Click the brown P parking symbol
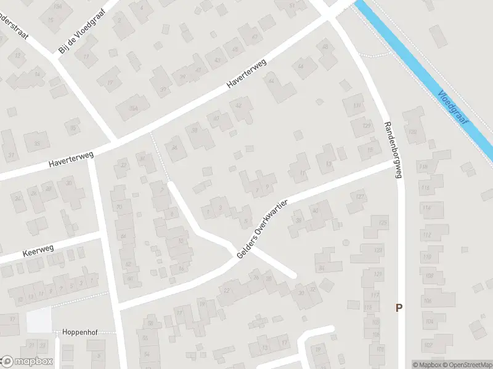(x=399, y=307)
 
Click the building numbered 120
(x=414, y=132)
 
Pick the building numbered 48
(x=325, y=47)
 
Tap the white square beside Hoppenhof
(x=39, y=320)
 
